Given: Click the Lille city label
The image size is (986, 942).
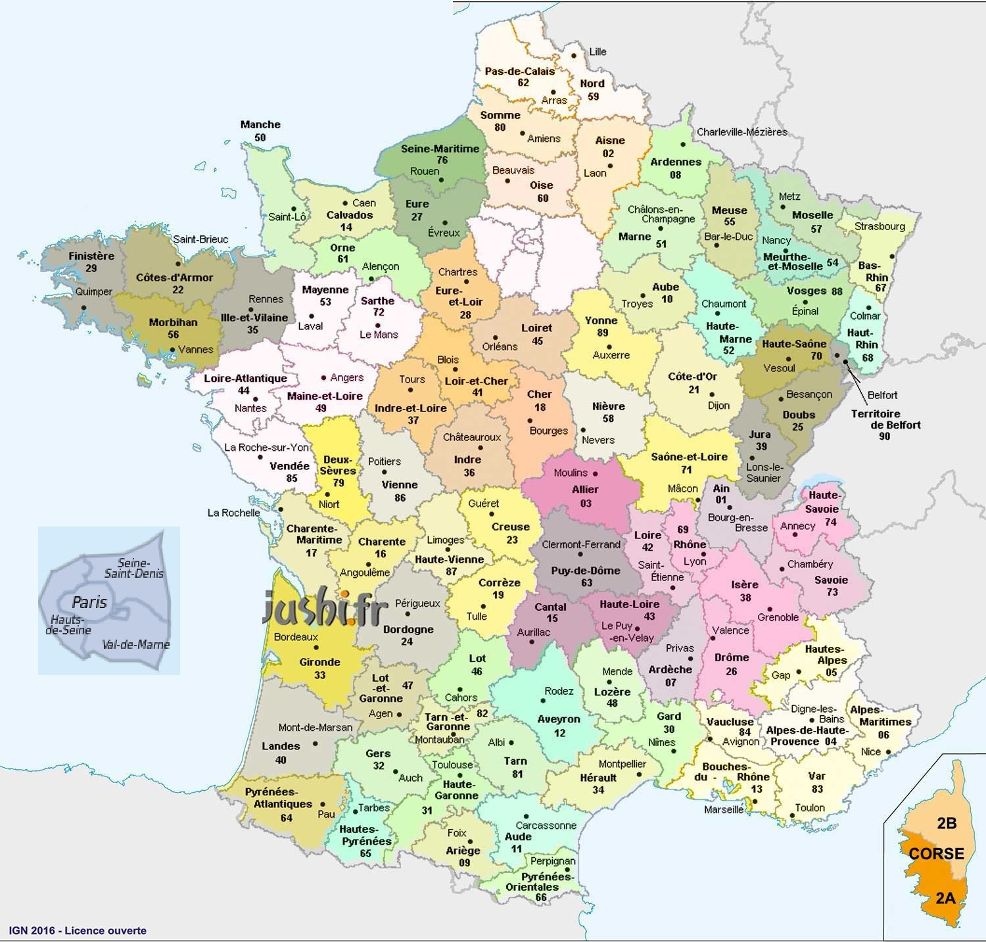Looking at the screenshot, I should pyautogui.click(x=598, y=51).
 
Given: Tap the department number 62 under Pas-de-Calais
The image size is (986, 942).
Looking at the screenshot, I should pyautogui.click(x=523, y=83).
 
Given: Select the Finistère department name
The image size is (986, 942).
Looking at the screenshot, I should pyautogui.click(x=91, y=256).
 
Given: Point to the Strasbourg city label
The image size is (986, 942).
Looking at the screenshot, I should pyautogui.click(x=880, y=226).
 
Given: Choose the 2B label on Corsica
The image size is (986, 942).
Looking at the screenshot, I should pyautogui.click(x=946, y=823).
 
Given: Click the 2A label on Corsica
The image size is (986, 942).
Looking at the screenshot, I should pyautogui.click(x=945, y=897).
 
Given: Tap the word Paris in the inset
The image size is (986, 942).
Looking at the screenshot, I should pyautogui.click(x=89, y=601).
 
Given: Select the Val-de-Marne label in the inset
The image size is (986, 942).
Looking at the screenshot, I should pyautogui.click(x=136, y=645).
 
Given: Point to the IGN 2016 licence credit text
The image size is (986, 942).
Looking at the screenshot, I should pyautogui.click(x=78, y=930).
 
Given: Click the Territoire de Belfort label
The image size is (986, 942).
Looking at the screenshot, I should pyautogui.click(x=885, y=419).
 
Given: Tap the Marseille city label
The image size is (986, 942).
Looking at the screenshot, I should pyautogui.click(x=724, y=809).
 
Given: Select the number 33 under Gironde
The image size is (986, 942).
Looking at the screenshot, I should pyautogui.click(x=320, y=675).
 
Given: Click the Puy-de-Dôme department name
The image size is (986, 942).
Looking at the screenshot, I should pyautogui.click(x=586, y=571).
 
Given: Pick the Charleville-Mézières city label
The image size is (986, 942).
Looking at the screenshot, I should pyautogui.click(x=741, y=132).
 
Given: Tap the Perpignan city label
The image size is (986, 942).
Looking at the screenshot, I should pyautogui.click(x=553, y=860).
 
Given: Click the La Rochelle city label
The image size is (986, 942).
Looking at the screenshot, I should pyautogui.click(x=233, y=512).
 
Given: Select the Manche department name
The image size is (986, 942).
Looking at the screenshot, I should pyautogui.click(x=260, y=124).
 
